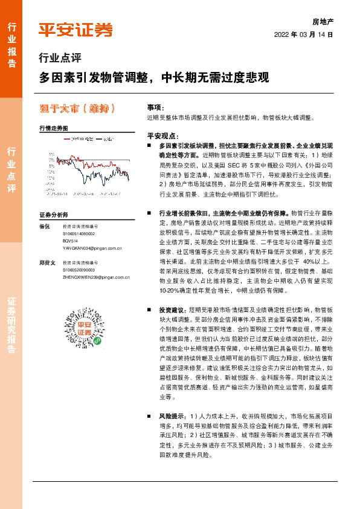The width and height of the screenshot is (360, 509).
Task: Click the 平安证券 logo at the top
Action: (x=76, y=30)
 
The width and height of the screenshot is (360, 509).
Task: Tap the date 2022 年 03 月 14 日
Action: (x=304, y=34)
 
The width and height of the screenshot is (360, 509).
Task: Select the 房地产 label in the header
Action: (x=323, y=21)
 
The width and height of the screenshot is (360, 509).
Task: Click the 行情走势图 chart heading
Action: (x=54, y=128)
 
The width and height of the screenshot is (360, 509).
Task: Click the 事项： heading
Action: (x=156, y=106)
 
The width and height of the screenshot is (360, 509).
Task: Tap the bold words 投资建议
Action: (x=173, y=308)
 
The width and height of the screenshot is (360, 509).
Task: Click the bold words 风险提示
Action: (x=173, y=416)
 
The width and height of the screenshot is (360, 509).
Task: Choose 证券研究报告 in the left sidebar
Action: (x=11, y=326)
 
